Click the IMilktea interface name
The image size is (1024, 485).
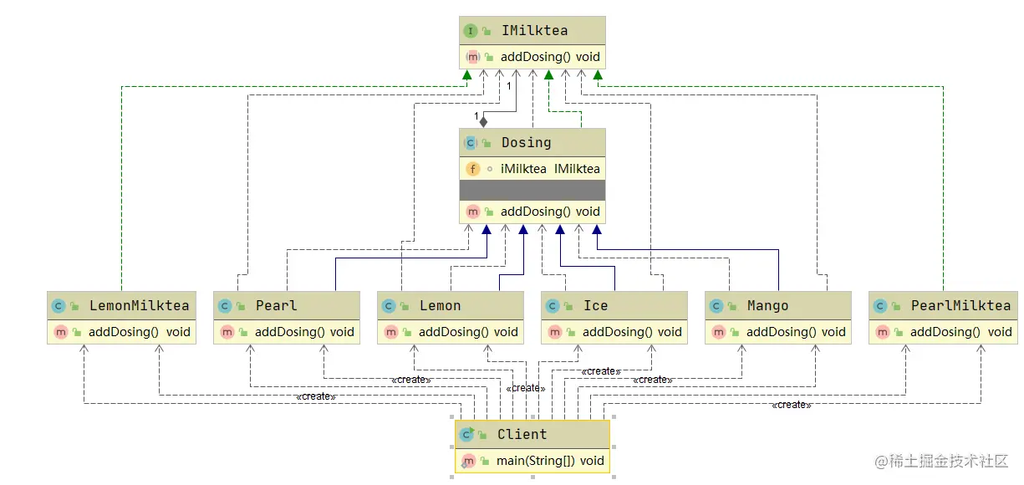534,31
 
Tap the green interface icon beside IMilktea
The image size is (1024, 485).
470,31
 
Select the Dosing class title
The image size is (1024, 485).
526,143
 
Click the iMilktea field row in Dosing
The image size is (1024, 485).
550,169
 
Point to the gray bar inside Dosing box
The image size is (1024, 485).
532,191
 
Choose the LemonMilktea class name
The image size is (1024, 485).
140,306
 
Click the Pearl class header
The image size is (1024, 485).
276,306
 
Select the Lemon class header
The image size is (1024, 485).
440,306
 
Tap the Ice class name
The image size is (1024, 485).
595,306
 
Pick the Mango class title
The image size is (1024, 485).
767,306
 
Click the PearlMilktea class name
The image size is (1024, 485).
960,306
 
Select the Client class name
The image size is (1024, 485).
522,435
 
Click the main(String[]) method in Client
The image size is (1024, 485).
550,461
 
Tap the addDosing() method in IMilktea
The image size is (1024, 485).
550,58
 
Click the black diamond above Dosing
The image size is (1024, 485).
483,122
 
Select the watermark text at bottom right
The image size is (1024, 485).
941,461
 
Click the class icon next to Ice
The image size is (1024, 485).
552,306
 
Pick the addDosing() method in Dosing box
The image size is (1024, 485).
550,212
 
